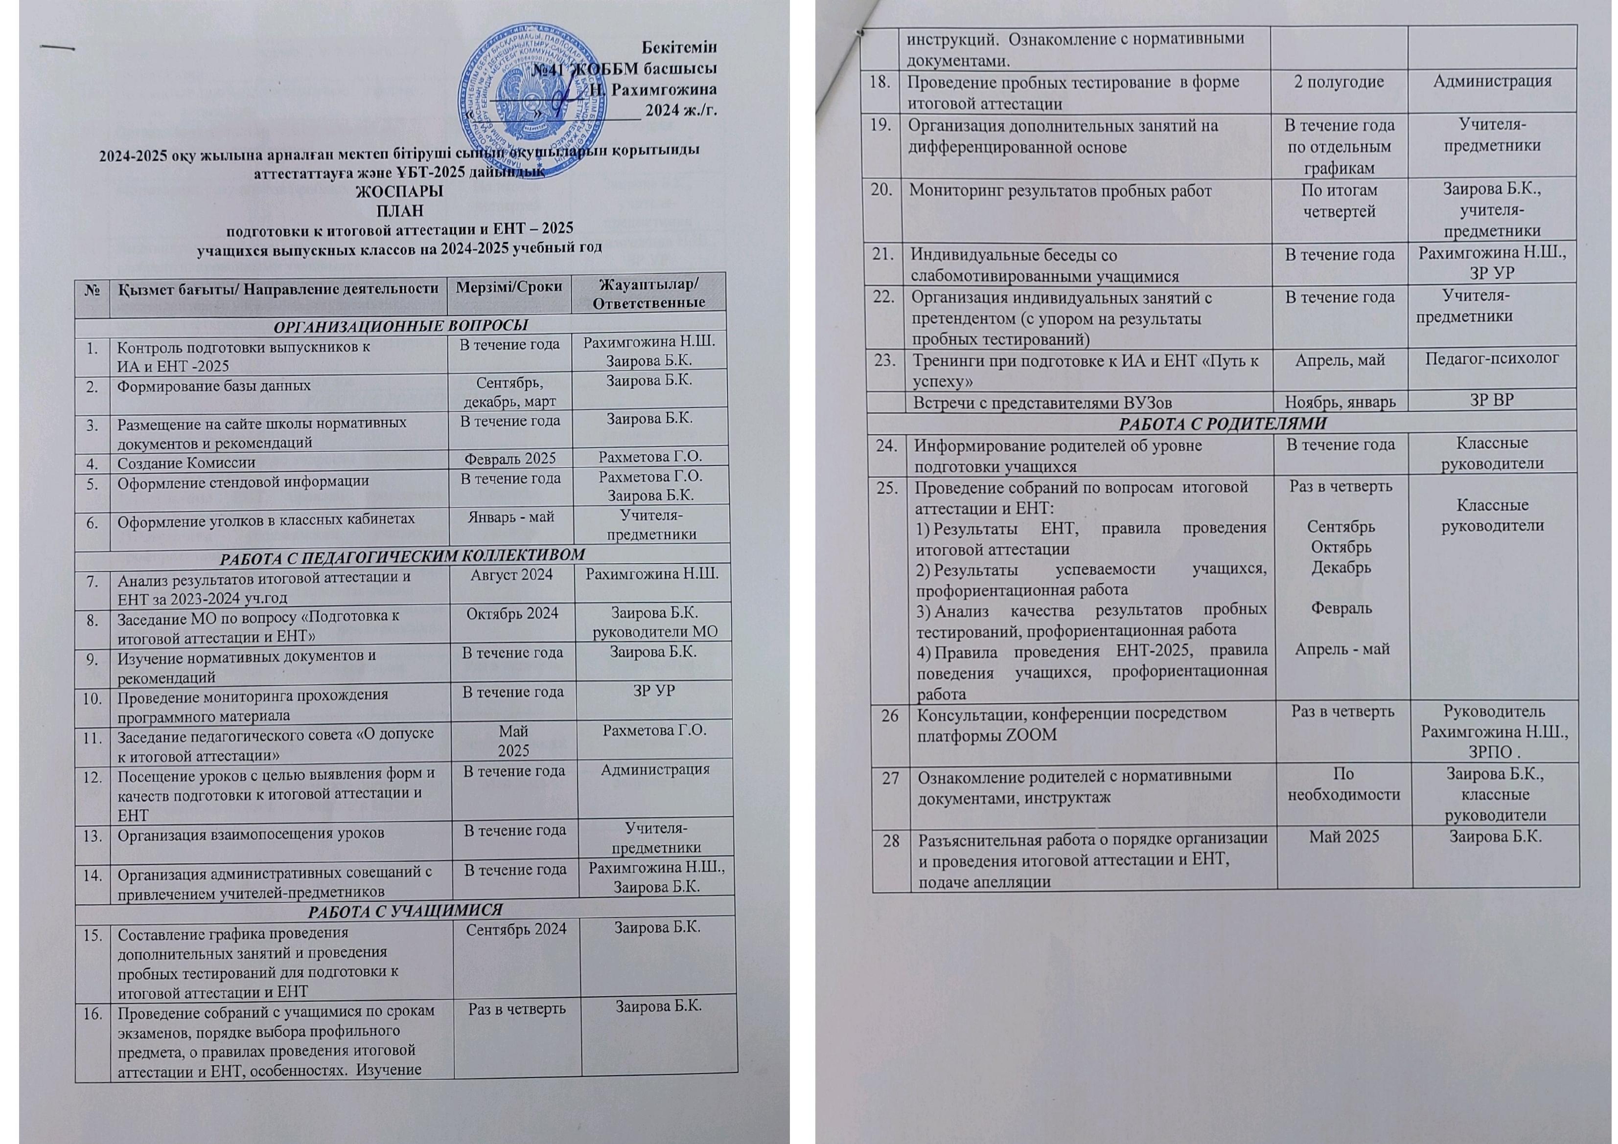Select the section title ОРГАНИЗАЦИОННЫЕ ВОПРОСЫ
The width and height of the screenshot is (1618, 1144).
(x=400, y=326)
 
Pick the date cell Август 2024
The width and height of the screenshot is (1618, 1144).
(x=511, y=574)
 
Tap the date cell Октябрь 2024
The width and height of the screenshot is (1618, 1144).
(x=512, y=613)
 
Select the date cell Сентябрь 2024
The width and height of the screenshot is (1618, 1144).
(x=516, y=929)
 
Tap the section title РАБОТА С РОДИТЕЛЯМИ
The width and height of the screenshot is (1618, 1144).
(x=1223, y=423)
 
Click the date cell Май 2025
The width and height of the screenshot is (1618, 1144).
(x=1343, y=837)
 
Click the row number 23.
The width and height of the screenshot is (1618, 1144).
(x=885, y=360)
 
